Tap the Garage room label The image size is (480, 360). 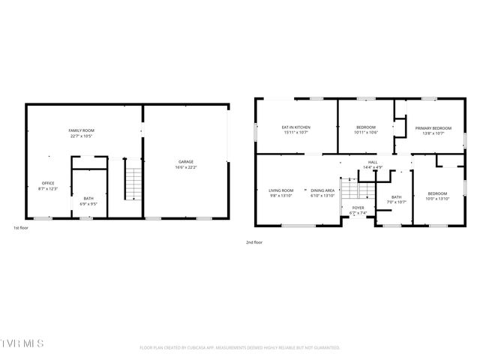coord(186,162)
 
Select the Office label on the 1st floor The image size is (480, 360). coord(48,183)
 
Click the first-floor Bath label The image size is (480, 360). coord(88,198)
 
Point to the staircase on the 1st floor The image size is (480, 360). coord(133,184)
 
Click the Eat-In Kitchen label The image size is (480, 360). coord(295,127)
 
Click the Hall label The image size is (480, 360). coord(373,162)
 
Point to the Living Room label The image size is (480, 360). coord(281,190)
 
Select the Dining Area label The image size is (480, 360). coord(323,190)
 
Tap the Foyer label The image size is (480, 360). coord(358,208)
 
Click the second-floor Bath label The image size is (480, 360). coord(396,197)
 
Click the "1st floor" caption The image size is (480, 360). coord(22,227)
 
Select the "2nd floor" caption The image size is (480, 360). coord(254,242)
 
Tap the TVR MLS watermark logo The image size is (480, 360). coord(22,343)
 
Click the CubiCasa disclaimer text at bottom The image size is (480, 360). coord(240,348)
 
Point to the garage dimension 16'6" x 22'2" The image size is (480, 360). coord(186,167)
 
